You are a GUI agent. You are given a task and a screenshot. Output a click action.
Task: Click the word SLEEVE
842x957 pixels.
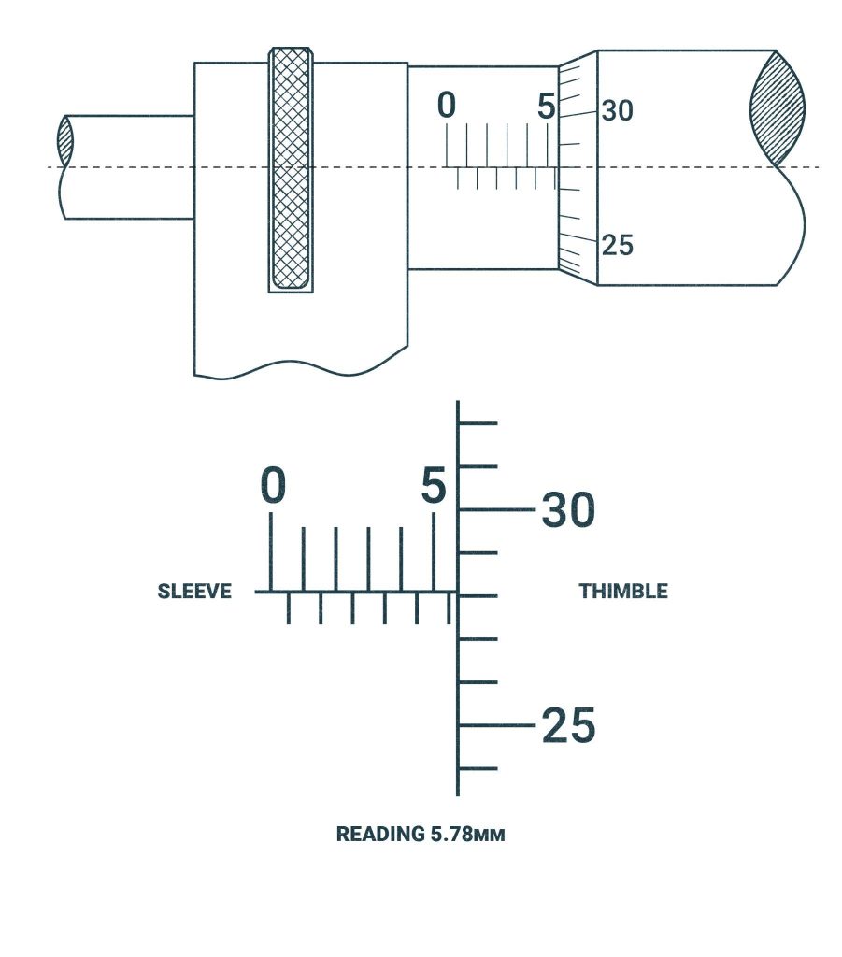point(194,592)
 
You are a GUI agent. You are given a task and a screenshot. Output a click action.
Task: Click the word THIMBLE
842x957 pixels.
point(623,592)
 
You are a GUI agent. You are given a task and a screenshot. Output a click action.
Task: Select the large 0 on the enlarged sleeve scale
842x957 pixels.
point(272,486)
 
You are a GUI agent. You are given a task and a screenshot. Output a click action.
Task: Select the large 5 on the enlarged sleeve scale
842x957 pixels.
point(433,486)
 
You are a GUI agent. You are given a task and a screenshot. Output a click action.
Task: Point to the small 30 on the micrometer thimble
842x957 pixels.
point(617,111)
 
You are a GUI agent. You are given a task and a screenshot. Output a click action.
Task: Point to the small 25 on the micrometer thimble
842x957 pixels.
point(617,246)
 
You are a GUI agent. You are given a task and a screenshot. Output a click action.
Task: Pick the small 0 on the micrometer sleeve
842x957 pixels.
point(447,107)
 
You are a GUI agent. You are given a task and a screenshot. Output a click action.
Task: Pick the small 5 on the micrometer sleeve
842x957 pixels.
point(547,107)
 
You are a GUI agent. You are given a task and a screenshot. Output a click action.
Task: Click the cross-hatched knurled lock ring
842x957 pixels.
point(291,168)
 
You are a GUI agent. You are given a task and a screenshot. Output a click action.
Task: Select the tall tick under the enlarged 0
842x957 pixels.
point(272,551)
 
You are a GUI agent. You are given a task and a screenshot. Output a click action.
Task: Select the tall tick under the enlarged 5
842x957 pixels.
point(433,551)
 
